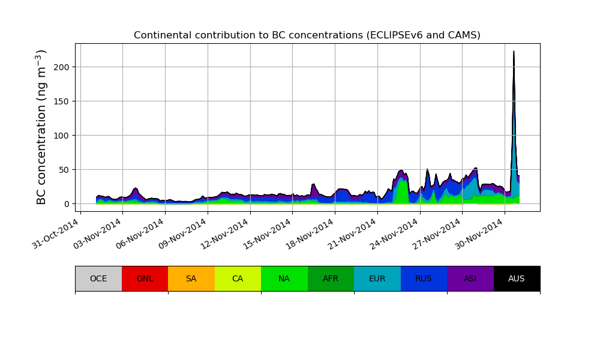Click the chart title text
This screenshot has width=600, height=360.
tap(307, 35)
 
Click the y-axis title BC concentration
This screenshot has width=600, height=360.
tap(41, 127)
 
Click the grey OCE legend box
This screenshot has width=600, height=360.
tap(98, 278)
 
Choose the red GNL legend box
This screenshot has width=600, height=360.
tap(145, 278)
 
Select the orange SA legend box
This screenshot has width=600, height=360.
tap(191, 278)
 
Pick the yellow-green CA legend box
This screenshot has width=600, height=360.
tap(238, 278)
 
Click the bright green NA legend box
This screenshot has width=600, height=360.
tap(284, 278)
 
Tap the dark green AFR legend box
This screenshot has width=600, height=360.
tap(331, 278)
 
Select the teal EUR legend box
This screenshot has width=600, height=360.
tap(377, 278)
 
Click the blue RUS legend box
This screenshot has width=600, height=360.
tap(424, 278)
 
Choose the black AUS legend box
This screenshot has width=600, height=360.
tap(517, 278)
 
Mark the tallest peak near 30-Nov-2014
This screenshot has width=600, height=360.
tap(514, 52)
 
